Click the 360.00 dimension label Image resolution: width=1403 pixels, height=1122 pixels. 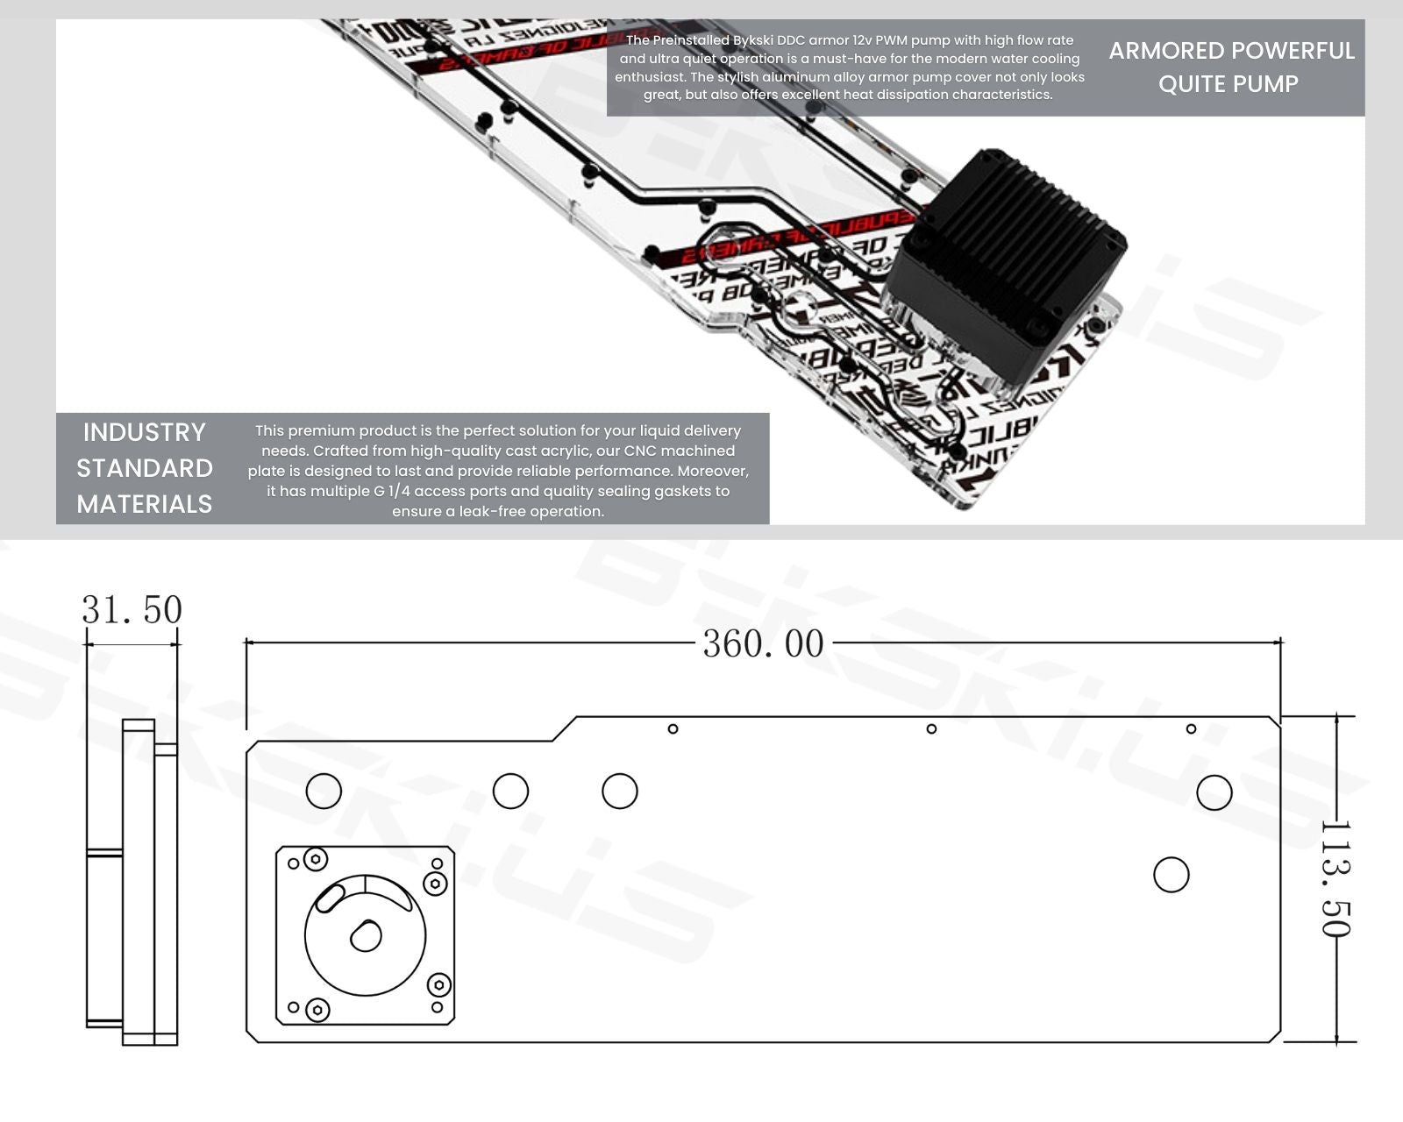coord(763,644)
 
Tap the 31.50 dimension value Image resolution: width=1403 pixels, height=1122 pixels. coord(132,610)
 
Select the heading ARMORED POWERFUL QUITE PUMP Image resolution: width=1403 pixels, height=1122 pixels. coord(1230,67)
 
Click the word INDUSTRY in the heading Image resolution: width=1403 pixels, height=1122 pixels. coord(144,432)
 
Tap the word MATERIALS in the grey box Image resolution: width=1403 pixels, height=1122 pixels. coord(144,504)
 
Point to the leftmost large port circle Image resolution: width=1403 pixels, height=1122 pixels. coord(324,791)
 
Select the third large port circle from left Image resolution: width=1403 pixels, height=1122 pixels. coord(620,791)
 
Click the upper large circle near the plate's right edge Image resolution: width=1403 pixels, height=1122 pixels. coord(1214,792)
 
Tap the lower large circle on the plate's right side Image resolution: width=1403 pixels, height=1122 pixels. coord(1172,875)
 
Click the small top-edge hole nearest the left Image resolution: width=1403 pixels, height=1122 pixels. coord(673,728)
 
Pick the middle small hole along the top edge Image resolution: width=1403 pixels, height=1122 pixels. coord(931,728)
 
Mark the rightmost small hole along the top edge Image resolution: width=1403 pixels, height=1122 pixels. coord(1191,728)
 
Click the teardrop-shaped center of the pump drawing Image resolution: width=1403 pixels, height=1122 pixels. coord(366,936)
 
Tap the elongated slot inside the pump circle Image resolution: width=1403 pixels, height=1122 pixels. coord(329,898)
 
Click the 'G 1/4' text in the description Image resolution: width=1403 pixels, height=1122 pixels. coord(392,491)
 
